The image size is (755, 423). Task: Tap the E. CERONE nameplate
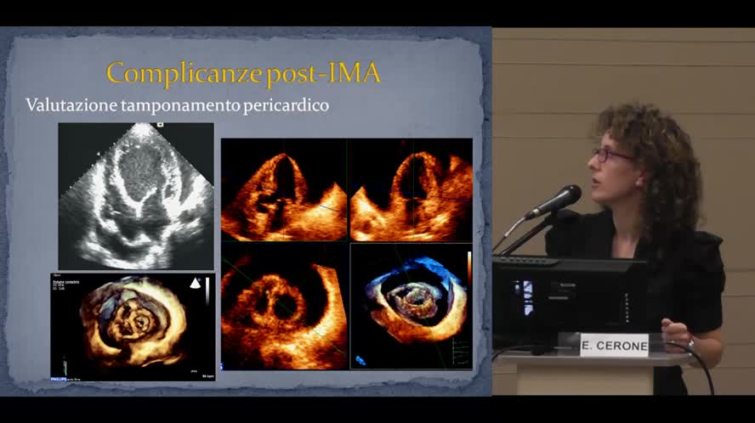(614, 346)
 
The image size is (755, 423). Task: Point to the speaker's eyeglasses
(612, 155)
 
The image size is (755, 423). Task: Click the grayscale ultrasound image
(136, 196)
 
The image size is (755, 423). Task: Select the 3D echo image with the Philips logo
(133, 326)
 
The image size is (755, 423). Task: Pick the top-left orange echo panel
(284, 190)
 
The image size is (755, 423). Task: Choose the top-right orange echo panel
(412, 190)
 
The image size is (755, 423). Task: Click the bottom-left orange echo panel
(284, 307)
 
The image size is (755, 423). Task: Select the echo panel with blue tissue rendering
(412, 307)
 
